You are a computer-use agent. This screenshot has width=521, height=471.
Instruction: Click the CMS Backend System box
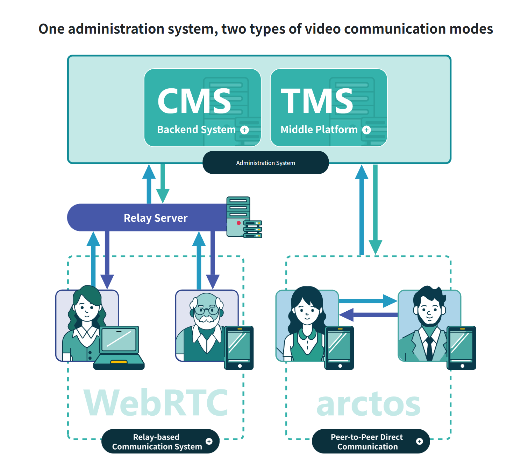pyautogui.click(x=202, y=108)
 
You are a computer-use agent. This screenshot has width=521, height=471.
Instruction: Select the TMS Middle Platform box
pyautogui.click(x=328, y=108)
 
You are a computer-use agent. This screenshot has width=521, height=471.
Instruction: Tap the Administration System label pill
pyautogui.click(x=265, y=163)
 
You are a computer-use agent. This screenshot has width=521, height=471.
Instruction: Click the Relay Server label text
pyautogui.click(x=156, y=218)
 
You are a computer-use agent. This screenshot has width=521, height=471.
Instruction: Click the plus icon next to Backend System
pyautogui.click(x=245, y=130)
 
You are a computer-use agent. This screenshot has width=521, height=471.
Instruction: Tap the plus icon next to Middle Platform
pyautogui.click(x=366, y=130)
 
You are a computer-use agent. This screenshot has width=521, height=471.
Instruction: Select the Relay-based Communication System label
pyautogui.click(x=157, y=442)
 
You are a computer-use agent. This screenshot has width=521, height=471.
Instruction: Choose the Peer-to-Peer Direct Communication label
pyautogui.click(x=367, y=442)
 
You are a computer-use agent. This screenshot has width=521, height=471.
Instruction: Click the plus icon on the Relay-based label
pyautogui.click(x=209, y=441)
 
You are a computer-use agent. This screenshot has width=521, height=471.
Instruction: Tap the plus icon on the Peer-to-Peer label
pyautogui.click(x=420, y=441)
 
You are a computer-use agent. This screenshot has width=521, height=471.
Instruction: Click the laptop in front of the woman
pyautogui.click(x=119, y=347)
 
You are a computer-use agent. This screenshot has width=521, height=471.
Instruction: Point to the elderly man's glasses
pyautogui.click(x=207, y=310)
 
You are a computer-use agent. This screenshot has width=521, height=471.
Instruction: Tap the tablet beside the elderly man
pyautogui.click(x=239, y=347)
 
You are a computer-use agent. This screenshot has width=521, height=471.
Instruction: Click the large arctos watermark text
pyautogui.click(x=368, y=404)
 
